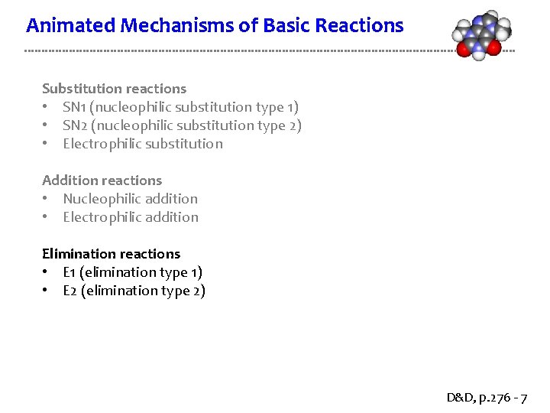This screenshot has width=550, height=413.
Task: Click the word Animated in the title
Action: click(x=63, y=26)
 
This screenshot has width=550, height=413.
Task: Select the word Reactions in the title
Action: click(x=359, y=26)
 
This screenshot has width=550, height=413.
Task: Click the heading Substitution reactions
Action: click(x=114, y=89)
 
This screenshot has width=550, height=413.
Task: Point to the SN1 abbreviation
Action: click(x=73, y=107)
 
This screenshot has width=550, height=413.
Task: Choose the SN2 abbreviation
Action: click(x=73, y=125)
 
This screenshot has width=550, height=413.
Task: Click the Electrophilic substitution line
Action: click(x=143, y=144)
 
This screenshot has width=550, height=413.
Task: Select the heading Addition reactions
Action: click(x=102, y=180)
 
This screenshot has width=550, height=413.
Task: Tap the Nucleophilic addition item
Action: click(x=130, y=199)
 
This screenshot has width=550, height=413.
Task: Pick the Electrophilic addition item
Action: click(x=130, y=217)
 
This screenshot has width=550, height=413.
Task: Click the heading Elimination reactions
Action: click(x=111, y=254)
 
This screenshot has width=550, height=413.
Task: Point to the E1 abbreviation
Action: click(x=70, y=272)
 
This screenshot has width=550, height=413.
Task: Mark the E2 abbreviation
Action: click(x=70, y=291)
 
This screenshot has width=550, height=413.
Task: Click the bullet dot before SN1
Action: click(x=47, y=107)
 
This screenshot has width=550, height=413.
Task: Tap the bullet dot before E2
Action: click(x=47, y=291)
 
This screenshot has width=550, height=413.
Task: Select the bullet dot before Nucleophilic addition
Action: click(x=47, y=199)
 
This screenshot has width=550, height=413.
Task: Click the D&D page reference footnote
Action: click(x=486, y=398)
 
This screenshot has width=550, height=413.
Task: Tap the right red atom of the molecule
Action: click(x=493, y=48)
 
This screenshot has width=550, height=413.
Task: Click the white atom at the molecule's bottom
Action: click(x=478, y=54)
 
